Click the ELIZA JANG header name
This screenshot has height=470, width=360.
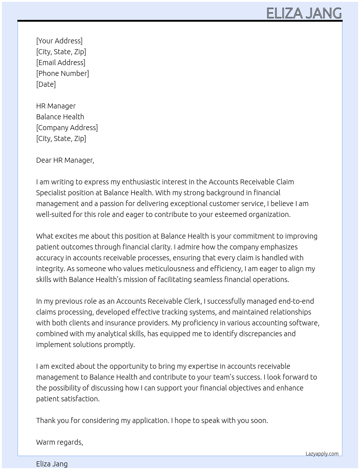(x=304, y=13)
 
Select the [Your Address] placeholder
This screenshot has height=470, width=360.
(x=59, y=41)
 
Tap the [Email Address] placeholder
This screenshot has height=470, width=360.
(x=61, y=63)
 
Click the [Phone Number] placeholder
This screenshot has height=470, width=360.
(x=63, y=73)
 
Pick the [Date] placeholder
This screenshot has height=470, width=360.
(x=46, y=84)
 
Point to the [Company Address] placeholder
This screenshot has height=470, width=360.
(x=67, y=128)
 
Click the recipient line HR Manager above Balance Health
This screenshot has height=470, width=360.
(x=56, y=106)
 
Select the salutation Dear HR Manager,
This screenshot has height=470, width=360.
(x=65, y=160)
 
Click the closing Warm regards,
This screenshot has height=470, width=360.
(x=60, y=442)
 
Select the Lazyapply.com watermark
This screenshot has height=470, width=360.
(x=322, y=454)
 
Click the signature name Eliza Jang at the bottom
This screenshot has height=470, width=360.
(x=52, y=464)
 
